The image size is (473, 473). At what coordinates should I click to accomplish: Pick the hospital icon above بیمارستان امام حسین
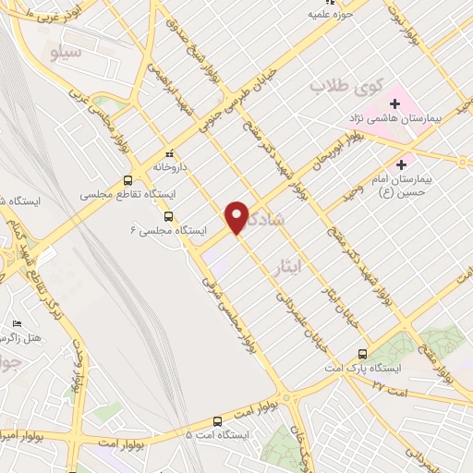click(x=400, y=163)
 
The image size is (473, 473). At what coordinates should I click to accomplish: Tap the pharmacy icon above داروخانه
click(x=168, y=154)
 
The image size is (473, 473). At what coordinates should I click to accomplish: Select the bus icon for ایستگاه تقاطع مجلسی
click(x=128, y=180)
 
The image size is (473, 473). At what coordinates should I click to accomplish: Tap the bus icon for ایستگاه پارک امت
click(x=360, y=353)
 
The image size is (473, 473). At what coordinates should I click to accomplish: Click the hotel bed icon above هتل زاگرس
click(x=16, y=323)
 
